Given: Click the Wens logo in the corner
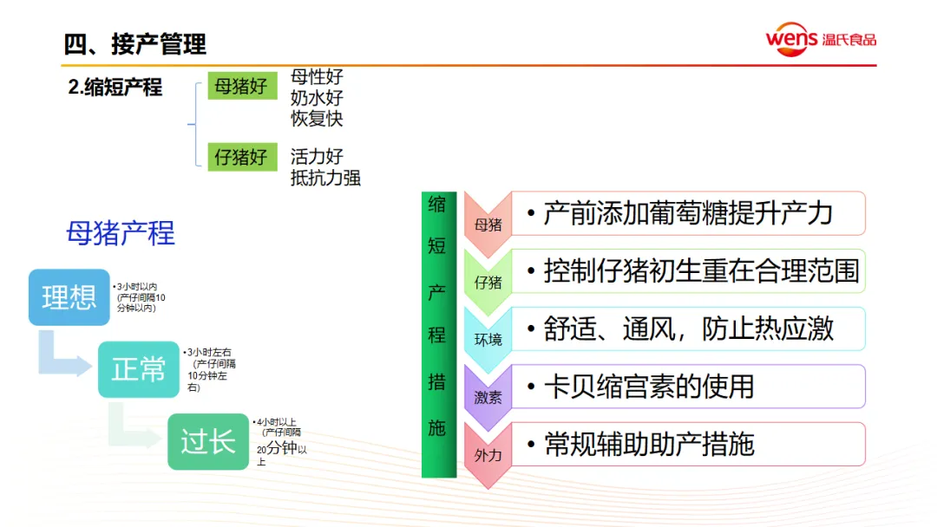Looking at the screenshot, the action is (x=820, y=39).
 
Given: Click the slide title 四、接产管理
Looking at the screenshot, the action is (x=135, y=42).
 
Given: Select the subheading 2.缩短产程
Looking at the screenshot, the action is (x=115, y=88).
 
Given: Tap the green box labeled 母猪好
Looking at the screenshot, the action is (x=241, y=87).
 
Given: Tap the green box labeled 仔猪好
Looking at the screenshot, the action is (x=241, y=157).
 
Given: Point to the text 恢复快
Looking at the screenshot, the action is (x=317, y=119).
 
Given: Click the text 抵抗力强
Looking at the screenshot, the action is (x=325, y=178).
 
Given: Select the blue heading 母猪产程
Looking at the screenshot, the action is (x=121, y=232).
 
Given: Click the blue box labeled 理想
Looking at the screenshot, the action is (x=69, y=297).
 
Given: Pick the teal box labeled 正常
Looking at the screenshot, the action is (x=138, y=369).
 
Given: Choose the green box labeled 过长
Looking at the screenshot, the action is (x=208, y=442).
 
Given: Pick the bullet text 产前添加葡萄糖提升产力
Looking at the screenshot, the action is (x=688, y=213).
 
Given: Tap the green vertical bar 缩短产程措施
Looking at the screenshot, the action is (x=438, y=335).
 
